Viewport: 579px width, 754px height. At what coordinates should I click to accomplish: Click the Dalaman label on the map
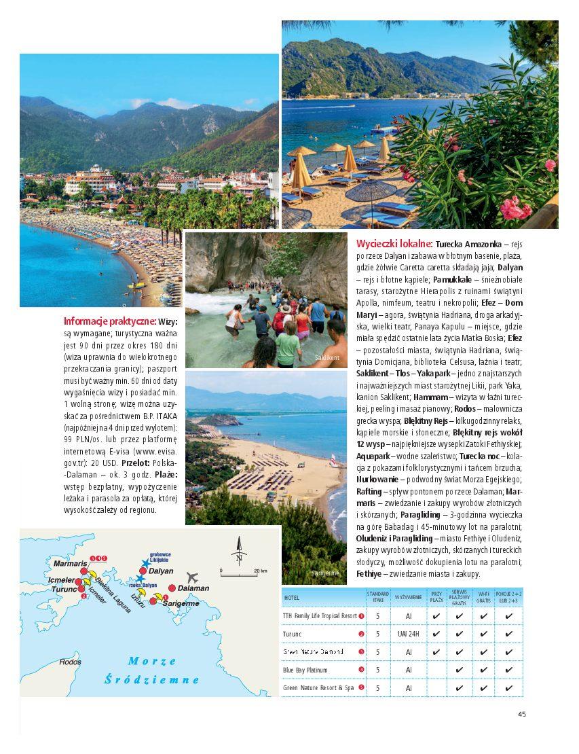coord(193,588)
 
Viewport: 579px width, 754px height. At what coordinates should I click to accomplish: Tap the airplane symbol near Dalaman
coord(192,577)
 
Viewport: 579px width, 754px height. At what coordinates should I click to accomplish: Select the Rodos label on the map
coord(70,662)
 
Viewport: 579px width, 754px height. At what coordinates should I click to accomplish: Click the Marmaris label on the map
coord(70,564)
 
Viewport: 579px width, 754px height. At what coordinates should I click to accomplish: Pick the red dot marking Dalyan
coord(143,571)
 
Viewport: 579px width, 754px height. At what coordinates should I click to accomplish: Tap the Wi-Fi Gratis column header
coord(483,598)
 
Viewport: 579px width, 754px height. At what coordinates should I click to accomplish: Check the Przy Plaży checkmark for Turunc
coord(436,634)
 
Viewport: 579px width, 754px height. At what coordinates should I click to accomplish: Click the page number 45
coord(521,714)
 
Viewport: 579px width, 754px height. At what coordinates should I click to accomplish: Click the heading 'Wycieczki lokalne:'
coord(394,243)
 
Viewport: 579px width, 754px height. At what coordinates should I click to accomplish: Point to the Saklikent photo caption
coord(327,358)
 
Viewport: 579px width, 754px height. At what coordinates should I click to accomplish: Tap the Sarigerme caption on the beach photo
coord(325,573)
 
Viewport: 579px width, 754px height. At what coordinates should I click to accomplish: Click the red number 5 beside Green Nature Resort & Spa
coord(361,687)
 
